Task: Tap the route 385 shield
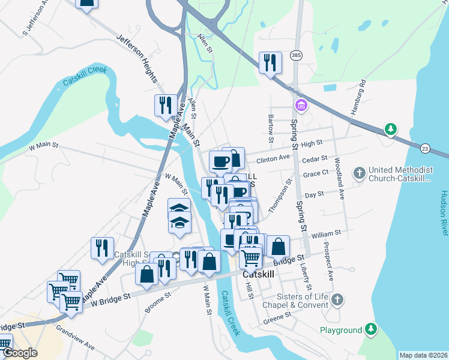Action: click(295, 55)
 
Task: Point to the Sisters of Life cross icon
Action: click(337, 299)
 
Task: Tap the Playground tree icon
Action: click(371, 329)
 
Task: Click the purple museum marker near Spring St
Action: click(301, 106)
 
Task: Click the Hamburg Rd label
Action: click(358, 97)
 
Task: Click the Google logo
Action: click(19, 353)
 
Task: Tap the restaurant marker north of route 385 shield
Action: click(270, 63)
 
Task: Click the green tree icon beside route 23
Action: click(391, 130)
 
